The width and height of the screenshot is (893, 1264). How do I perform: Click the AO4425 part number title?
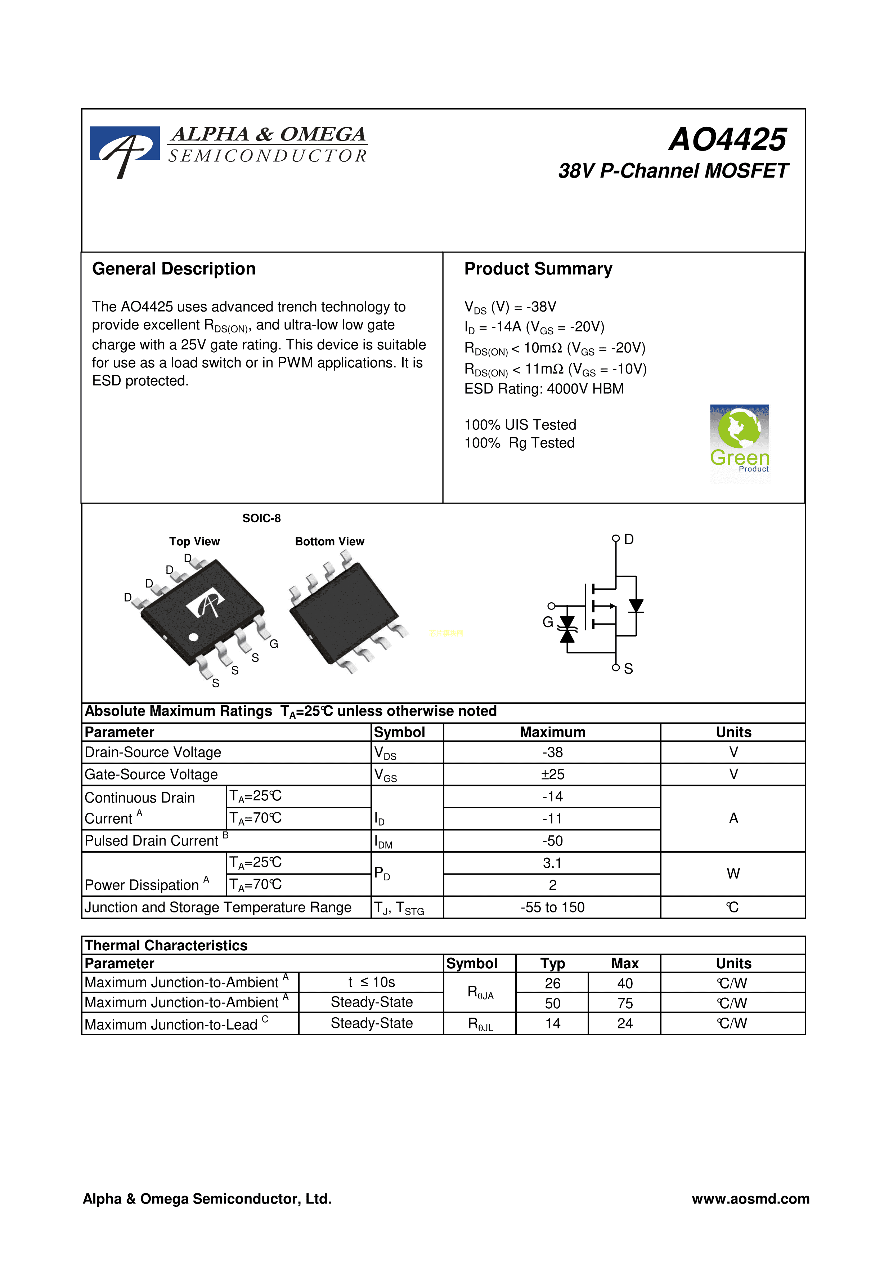point(727,139)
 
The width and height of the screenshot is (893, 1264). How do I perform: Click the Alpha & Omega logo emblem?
point(125,149)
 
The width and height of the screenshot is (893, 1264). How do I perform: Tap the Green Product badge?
point(740,443)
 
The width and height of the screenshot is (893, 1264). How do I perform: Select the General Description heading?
point(174,269)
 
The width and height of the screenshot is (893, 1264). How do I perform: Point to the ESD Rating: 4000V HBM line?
point(544,389)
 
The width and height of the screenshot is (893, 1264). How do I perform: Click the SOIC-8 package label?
point(261,518)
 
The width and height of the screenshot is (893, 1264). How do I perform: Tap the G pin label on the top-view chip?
point(273,644)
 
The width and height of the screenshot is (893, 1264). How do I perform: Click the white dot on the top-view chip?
point(193,637)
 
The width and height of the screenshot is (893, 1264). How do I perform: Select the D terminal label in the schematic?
point(629,540)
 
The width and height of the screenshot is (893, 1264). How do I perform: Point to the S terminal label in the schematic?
point(628,668)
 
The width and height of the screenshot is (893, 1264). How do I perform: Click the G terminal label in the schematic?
point(547,622)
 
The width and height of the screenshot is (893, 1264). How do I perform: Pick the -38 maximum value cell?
point(552,752)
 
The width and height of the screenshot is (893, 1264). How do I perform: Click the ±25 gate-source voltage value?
point(552,774)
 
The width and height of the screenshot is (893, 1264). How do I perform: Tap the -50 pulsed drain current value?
point(552,841)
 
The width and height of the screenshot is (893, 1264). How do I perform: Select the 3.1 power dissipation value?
point(552,863)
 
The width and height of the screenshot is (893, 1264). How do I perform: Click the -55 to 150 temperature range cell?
point(552,907)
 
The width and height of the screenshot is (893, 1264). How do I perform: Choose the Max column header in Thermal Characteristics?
point(624,964)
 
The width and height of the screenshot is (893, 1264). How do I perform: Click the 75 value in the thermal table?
point(624,1003)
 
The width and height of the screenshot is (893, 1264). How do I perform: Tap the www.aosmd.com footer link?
point(750,1198)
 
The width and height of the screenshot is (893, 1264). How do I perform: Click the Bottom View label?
point(329,541)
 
